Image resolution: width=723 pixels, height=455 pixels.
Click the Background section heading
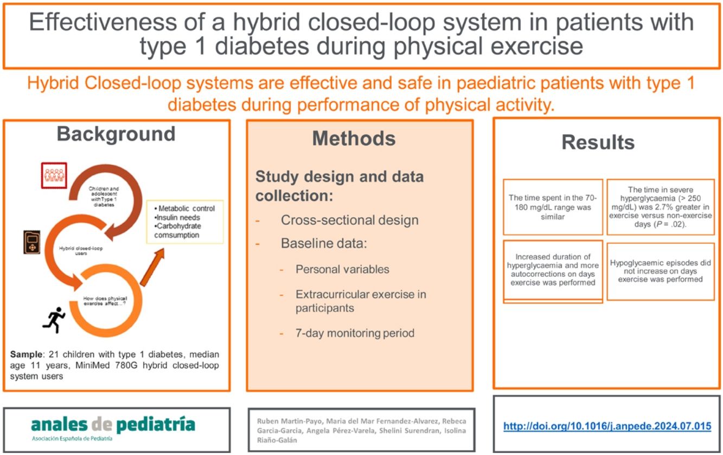click(x=116, y=134)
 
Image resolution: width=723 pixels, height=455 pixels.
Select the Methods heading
click(x=354, y=139)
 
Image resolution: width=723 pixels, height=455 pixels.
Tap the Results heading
click(x=598, y=142)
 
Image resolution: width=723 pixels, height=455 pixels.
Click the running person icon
click(x=54, y=320)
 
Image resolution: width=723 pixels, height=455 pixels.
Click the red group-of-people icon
click(x=54, y=175)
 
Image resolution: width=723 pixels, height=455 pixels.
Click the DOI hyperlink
click(x=607, y=426)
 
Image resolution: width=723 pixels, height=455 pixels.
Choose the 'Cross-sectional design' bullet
click(x=349, y=220)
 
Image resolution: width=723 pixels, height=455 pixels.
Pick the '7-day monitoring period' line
click(x=355, y=333)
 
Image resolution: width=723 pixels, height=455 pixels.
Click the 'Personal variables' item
click(x=342, y=269)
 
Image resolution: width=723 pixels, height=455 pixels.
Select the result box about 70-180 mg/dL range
click(x=553, y=207)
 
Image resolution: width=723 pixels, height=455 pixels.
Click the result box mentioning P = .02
click(x=660, y=207)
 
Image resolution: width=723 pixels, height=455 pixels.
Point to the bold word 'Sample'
click(x=24, y=355)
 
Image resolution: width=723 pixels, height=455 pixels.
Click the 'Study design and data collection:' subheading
click(x=340, y=185)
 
